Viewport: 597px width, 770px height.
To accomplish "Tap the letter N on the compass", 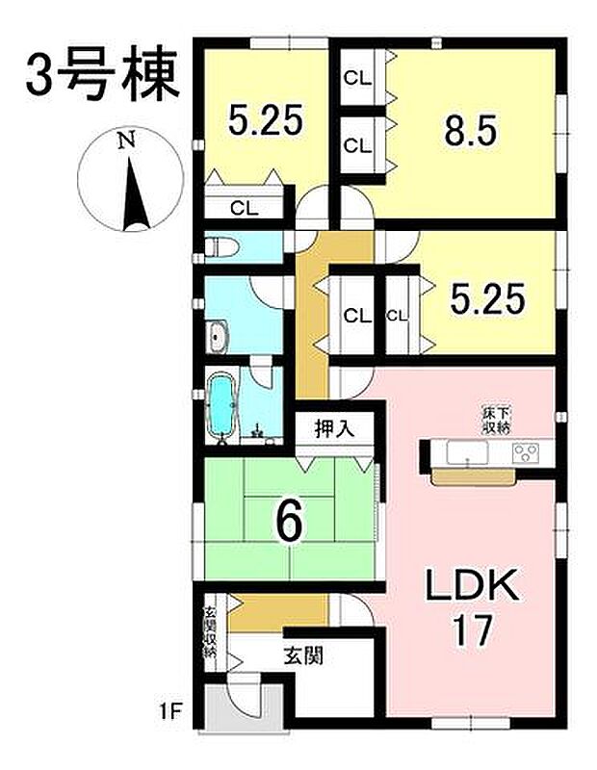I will pyautogui.click(x=125, y=141).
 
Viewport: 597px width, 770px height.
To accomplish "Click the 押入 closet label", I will pyautogui.click(x=335, y=428).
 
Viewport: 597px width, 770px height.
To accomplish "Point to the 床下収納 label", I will pyautogui.click(x=497, y=420).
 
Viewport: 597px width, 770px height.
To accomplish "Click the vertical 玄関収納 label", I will pyautogui.click(x=209, y=632).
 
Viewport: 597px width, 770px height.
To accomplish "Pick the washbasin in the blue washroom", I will pyautogui.click(x=218, y=337).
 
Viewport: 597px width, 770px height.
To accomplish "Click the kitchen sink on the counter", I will pyautogui.click(x=460, y=451).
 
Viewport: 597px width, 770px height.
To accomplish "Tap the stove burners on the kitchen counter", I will pyautogui.click(x=529, y=452).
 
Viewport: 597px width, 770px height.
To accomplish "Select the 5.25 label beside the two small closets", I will pyautogui.click(x=488, y=300).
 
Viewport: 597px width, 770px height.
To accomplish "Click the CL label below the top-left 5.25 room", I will pyautogui.click(x=244, y=206).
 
